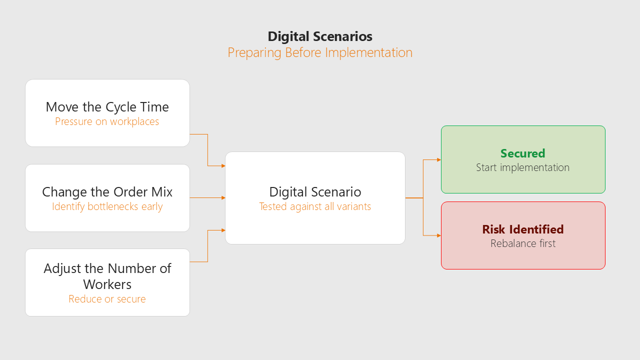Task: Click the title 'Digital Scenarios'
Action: (320, 36)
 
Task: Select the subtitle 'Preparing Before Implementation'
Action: (320, 53)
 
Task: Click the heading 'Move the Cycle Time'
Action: (107, 107)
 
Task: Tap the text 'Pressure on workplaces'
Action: (107, 121)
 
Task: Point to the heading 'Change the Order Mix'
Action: (107, 192)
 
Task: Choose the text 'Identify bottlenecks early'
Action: (107, 206)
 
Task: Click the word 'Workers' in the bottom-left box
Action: (107, 284)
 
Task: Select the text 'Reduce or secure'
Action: (107, 299)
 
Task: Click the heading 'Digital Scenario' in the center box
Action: (315, 192)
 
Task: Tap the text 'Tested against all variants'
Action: (315, 206)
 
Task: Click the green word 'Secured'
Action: (523, 153)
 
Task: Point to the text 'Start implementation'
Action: (523, 167)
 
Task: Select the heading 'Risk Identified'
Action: (523, 229)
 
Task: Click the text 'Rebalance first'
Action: (523, 243)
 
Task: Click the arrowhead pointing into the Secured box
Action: (439, 159)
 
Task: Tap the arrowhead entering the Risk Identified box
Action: (439, 235)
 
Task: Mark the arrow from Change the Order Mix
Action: (207, 197)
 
